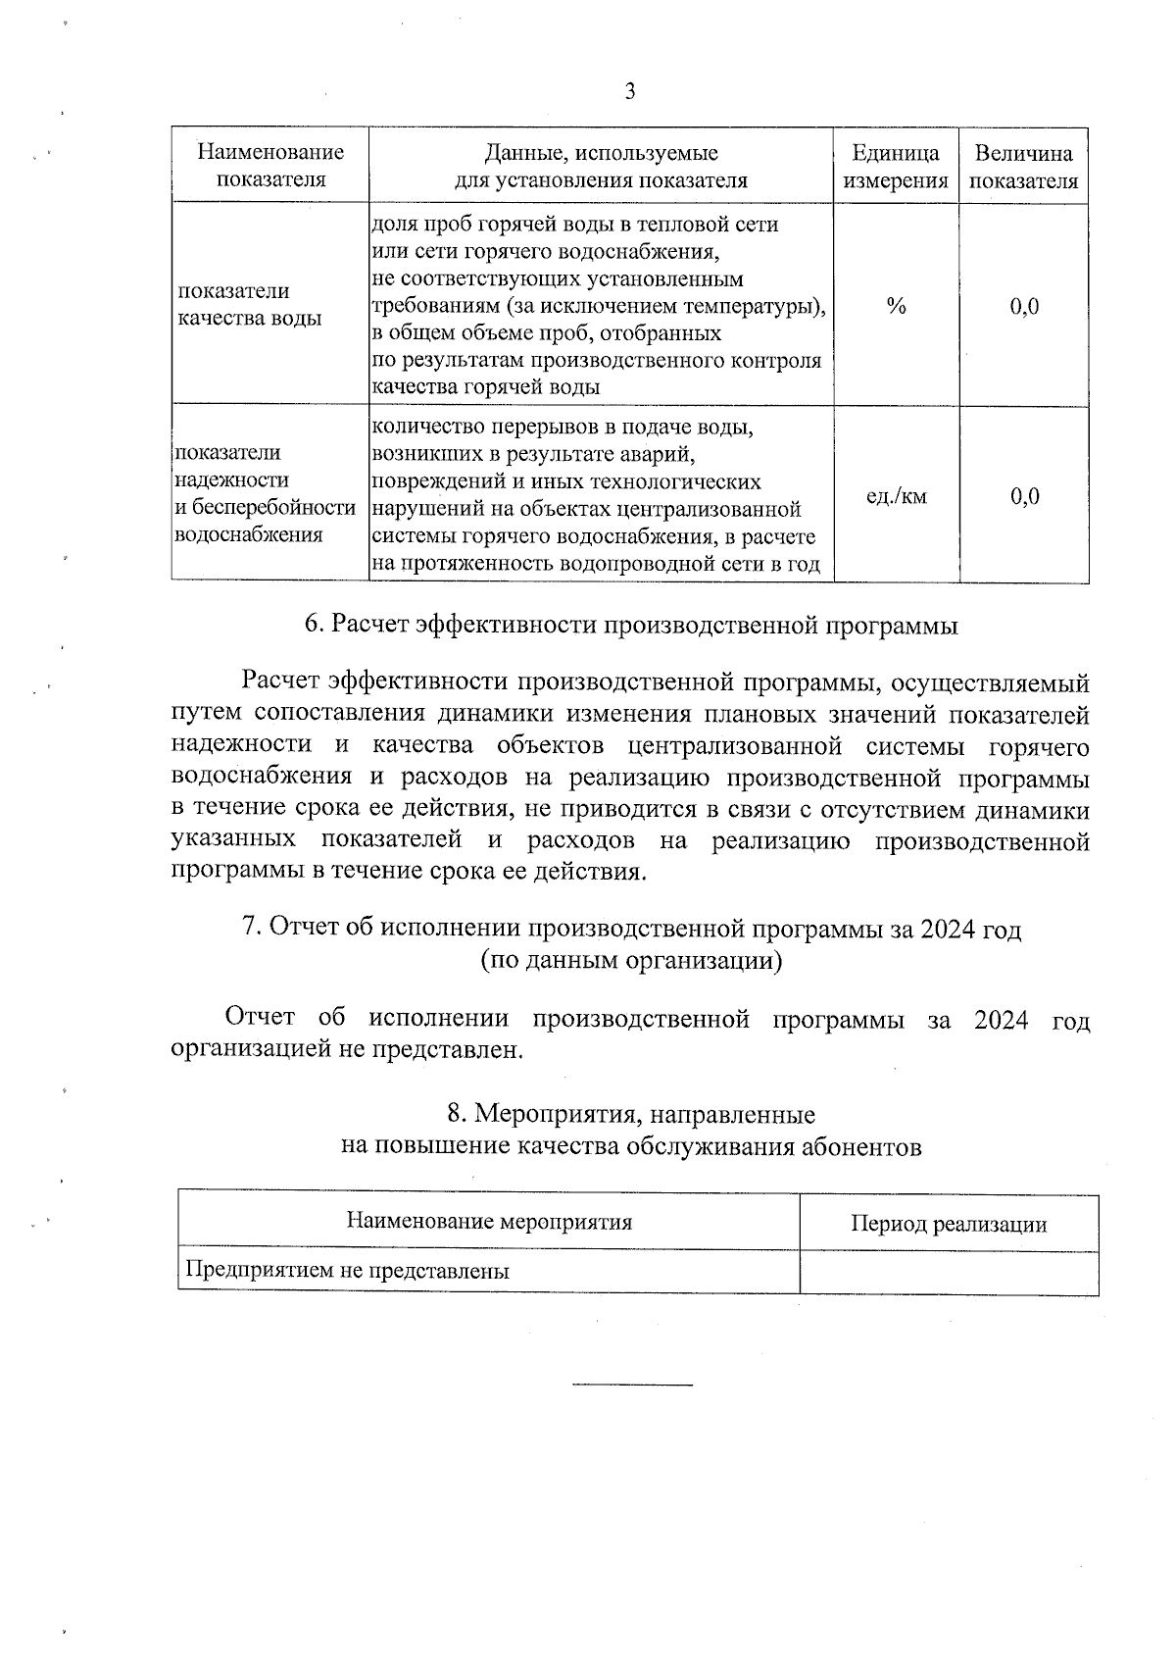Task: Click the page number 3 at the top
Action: click(x=629, y=91)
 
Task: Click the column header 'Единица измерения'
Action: click(x=896, y=167)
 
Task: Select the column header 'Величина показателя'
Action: click(x=1023, y=167)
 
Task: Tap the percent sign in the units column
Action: click(x=896, y=306)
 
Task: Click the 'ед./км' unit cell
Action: click(x=896, y=496)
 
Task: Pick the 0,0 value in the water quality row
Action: click(x=1024, y=307)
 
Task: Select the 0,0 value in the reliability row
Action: click(x=1024, y=496)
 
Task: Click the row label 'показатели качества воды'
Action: click(x=249, y=305)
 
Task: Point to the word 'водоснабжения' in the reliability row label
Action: click(x=249, y=535)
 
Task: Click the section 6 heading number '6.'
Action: click(x=314, y=625)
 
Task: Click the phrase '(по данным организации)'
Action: click(x=631, y=960)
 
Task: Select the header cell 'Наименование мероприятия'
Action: click(x=489, y=1222)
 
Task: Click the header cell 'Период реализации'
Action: click(x=948, y=1224)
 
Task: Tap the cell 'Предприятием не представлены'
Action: click(x=348, y=1272)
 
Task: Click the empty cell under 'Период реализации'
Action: click(x=948, y=1273)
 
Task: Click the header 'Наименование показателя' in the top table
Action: click(x=270, y=167)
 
